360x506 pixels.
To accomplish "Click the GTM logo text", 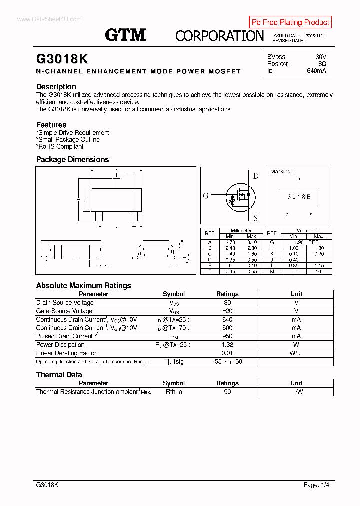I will pyautogui.click(x=125, y=35).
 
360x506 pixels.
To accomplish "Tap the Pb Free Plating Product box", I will pyautogui.click(x=290, y=22).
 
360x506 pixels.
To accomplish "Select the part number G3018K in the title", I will pyautogui.click(x=62, y=59).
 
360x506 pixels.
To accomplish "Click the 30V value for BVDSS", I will pyautogui.click(x=320, y=57).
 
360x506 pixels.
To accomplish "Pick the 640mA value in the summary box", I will pyautogui.click(x=316, y=71).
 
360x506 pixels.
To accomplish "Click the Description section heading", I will pyautogui.click(x=56, y=87).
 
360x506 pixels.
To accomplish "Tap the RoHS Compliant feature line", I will pyautogui.click(x=60, y=147).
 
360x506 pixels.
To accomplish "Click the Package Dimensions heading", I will pyautogui.click(x=72, y=160).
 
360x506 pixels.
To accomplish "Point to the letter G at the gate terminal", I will pyautogui.click(x=205, y=196).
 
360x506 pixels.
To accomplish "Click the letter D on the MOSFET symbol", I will pyautogui.click(x=256, y=176).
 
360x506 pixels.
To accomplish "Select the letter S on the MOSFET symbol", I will pyautogui.click(x=255, y=218).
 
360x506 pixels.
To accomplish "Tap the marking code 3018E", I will pyautogui.click(x=299, y=197).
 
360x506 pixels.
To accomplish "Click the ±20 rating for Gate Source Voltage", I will pyautogui.click(x=227, y=311).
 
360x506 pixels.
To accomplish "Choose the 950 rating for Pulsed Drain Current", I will pyautogui.click(x=227, y=336).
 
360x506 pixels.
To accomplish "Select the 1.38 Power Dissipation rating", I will pyautogui.click(x=227, y=345).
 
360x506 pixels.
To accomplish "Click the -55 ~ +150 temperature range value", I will pyautogui.click(x=227, y=361).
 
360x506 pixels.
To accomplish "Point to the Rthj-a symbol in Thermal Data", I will pyautogui.click(x=174, y=392).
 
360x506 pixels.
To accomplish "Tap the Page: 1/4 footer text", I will pyautogui.click(x=316, y=485).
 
